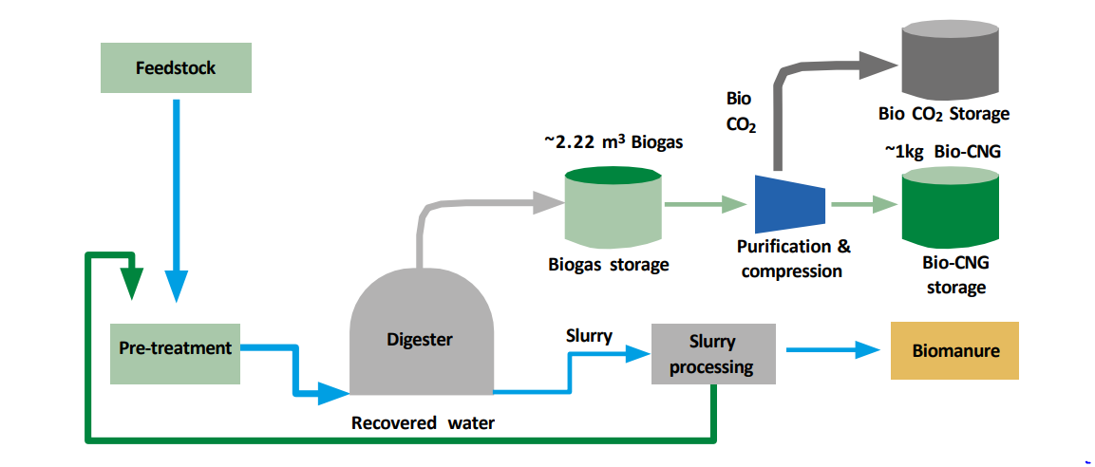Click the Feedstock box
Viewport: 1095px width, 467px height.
click(176, 67)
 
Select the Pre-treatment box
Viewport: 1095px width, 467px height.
click(175, 348)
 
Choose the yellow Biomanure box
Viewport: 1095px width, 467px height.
click(954, 350)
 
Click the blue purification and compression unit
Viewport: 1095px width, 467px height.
click(789, 203)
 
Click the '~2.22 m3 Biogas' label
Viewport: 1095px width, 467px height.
click(613, 142)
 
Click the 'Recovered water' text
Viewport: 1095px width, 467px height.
click(423, 423)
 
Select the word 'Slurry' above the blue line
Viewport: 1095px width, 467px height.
click(589, 336)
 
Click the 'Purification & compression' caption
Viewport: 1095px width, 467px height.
click(793, 259)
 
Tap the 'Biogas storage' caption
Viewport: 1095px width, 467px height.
click(608, 265)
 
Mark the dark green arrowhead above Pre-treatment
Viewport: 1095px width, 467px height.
click(132, 282)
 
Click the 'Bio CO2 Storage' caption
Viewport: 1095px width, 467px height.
click(943, 115)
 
